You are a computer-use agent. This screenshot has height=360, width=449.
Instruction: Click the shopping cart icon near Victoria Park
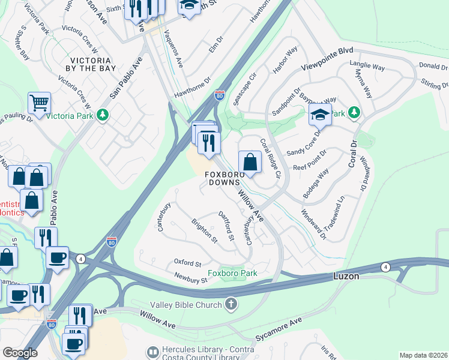[x=39, y=102]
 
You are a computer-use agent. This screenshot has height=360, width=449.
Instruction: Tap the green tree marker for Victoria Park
[x=103, y=114]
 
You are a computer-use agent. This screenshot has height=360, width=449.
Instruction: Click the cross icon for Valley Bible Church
[x=230, y=304]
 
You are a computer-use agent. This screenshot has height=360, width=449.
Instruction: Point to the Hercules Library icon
[x=152, y=351]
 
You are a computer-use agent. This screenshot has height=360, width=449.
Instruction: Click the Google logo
[x=20, y=353]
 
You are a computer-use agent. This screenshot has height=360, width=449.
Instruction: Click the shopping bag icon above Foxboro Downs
[x=249, y=161]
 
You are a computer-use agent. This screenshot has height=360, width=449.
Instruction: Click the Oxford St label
[x=187, y=263]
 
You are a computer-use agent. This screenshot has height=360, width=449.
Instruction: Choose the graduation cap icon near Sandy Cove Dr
[x=320, y=115]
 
